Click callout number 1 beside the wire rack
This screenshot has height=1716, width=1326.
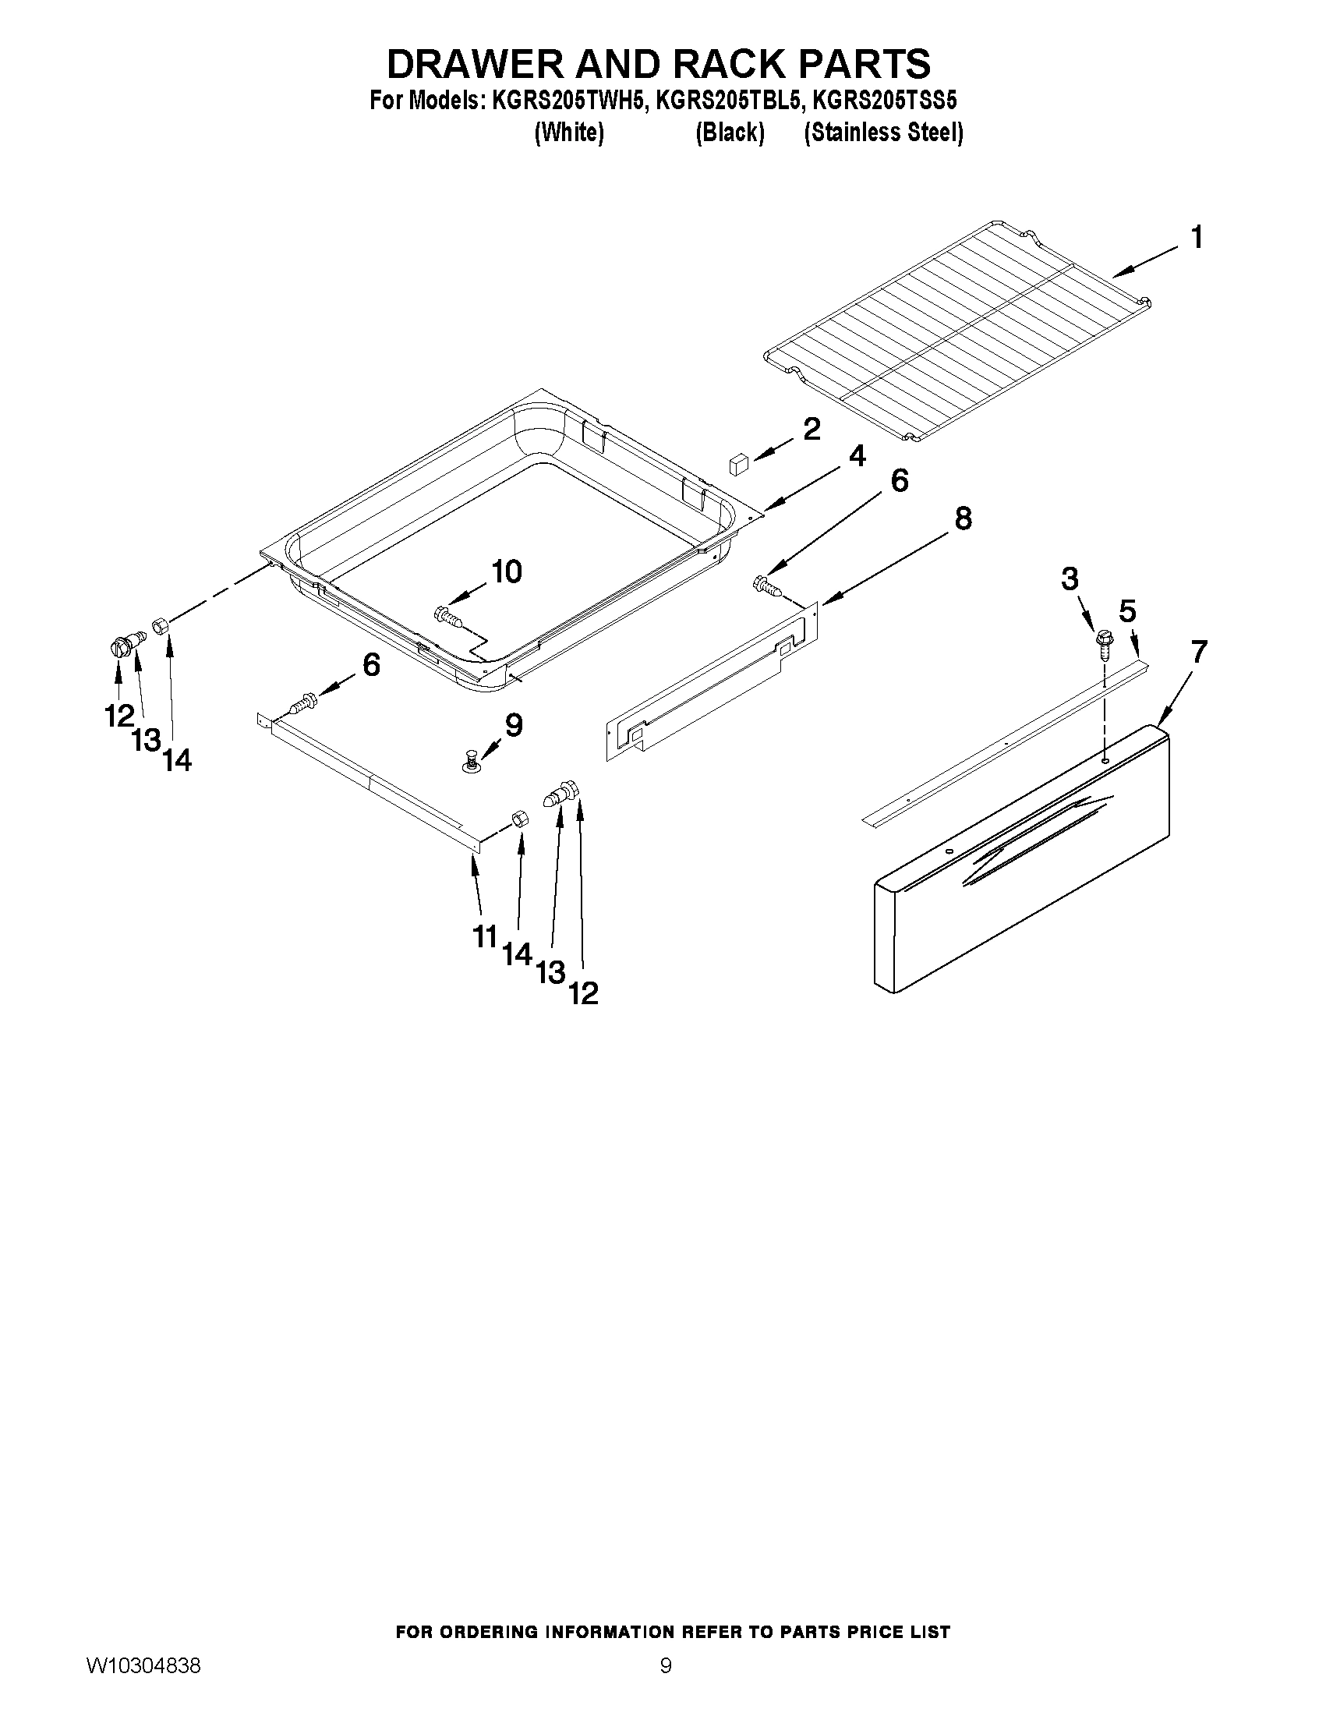[1197, 237]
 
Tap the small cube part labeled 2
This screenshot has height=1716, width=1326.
[738, 463]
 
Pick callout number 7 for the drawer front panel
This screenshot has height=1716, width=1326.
[1199, 652]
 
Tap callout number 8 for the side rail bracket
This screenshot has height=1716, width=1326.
[962, 518]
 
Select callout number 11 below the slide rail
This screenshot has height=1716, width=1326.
[486, 936]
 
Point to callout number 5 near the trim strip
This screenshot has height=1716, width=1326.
[1127, 611]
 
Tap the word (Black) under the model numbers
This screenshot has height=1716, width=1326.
[730, 133]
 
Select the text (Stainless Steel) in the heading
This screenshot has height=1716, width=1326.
[883, 133]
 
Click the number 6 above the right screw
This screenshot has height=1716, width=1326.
[900, 481]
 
